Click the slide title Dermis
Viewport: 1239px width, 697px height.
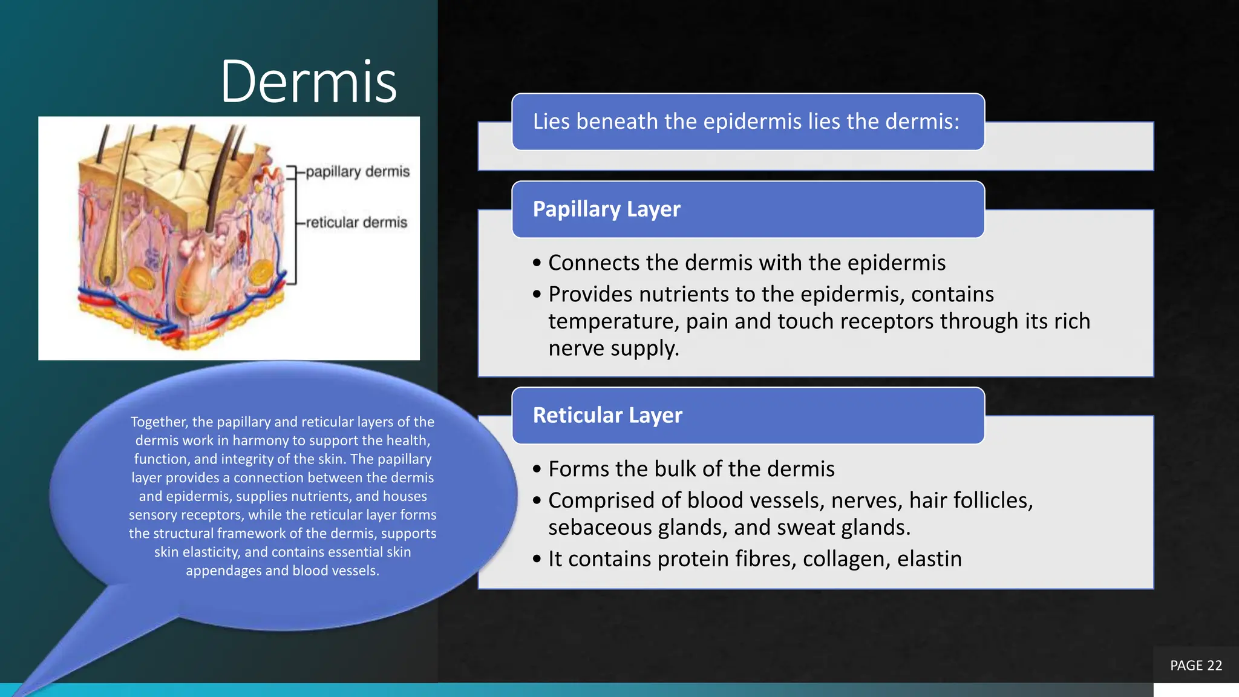click(309, 82)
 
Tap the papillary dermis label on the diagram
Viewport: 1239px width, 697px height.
click(357, 172)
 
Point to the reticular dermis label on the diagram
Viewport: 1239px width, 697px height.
click(356, 223)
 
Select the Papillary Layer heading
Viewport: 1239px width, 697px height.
click(606, 209)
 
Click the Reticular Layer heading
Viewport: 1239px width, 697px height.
click(607, 416)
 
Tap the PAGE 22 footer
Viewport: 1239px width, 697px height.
click(1195, 666)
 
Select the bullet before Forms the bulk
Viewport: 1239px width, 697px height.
click(537, 470)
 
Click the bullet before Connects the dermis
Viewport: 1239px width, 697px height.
click(537, 263)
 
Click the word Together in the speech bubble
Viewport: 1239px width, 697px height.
click(158, 422)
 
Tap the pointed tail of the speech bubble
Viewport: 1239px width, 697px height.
click(24, 687)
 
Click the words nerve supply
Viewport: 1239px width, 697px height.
click(613, 348)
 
